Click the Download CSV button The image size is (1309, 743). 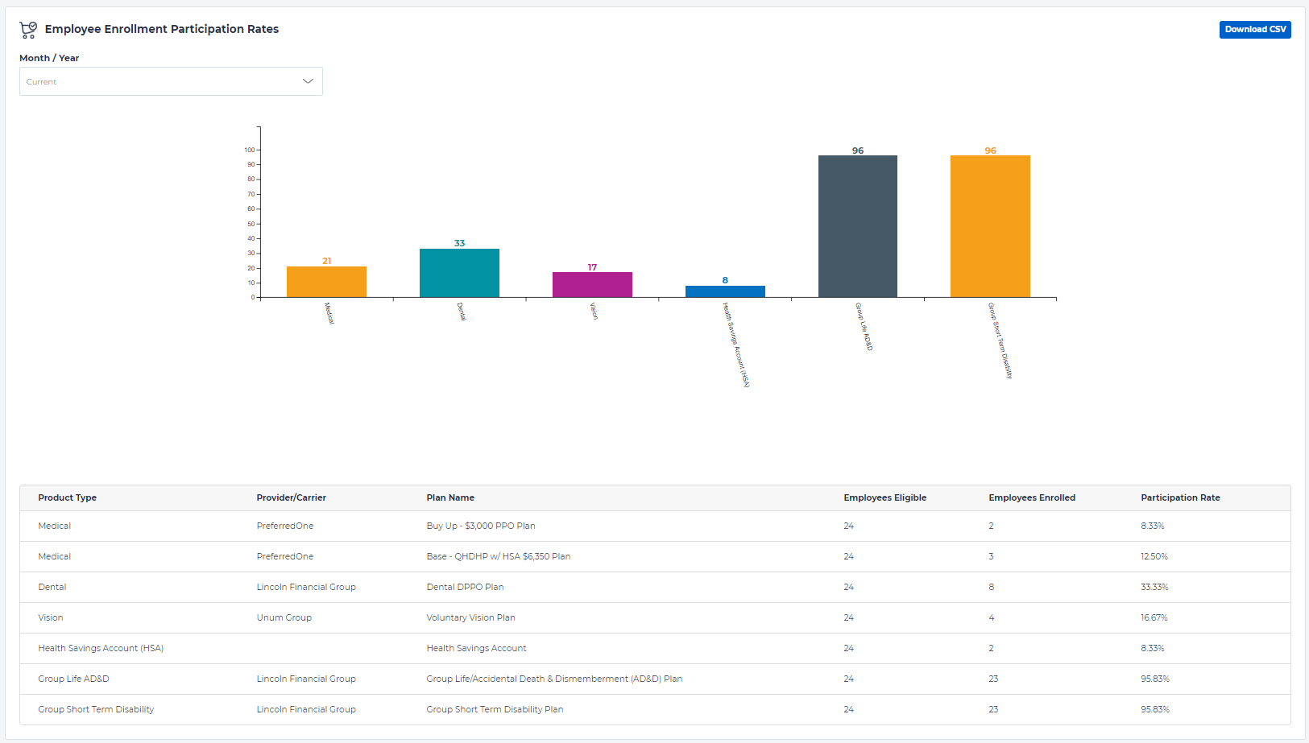(x=1254, y=30)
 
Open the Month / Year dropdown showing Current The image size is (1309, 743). (x=171, y=81)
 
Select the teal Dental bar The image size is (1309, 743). (x=459, y=273)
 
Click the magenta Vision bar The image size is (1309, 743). (x=592, y=285)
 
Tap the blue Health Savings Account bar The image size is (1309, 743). (x=725, y=291)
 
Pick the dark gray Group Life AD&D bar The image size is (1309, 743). (x=857, y=226)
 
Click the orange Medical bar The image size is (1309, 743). (x=326, y=282)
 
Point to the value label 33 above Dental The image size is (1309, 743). (x=459, y=243)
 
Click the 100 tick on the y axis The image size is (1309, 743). (x=250, y=150)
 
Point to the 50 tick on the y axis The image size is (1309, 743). (x=251, y=224)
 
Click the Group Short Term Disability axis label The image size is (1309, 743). (x=1000, y=340)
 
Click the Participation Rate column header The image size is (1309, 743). (x=1180, y=497)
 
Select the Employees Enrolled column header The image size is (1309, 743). (x=1032, y=497)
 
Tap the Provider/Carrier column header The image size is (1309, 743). (x=291, y=497)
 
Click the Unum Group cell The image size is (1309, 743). (x=284, y=617)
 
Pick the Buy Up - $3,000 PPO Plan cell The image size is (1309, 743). (x=480, y=526)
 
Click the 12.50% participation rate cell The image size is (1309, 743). (x=1154, y=556)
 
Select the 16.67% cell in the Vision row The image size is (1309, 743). (x=1154, y=617)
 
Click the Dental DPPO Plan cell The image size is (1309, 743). (x=465, y=587)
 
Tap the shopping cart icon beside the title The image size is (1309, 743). (x=28, y=30)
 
